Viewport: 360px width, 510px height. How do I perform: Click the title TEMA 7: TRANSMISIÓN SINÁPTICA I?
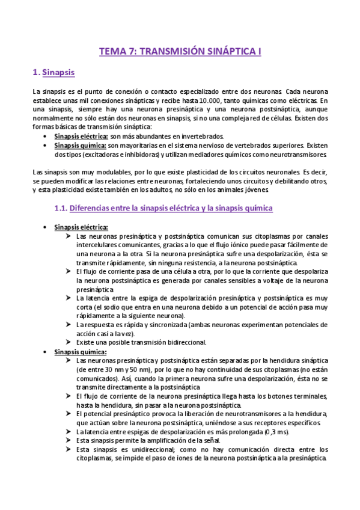(180, 52)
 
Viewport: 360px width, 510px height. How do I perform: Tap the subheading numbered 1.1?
(163, 207)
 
